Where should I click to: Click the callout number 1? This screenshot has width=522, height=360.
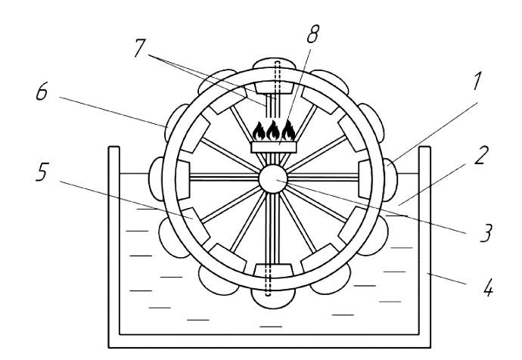click(477, 81)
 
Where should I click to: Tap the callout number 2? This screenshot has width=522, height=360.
click(481, 155)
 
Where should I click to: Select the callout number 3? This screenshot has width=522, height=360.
click(486, 233)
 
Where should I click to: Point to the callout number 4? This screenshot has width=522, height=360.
click(488, 287)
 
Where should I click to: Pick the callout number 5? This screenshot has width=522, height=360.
click(42, 172)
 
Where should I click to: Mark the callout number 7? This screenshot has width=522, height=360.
click(140, 48)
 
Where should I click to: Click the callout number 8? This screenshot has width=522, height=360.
click(312, 34)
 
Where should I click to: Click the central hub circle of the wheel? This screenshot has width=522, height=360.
click(273, 178)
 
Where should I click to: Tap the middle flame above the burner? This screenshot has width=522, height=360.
click(273, 130)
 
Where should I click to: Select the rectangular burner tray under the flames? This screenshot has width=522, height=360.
click(273, 147)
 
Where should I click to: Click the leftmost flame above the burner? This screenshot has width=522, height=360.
click(259, 131)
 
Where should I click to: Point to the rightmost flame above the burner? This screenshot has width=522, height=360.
click(288, 130)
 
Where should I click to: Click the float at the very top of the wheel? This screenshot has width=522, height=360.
click(274, 64)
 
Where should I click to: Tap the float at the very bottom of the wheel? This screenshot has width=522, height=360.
click(273, 298)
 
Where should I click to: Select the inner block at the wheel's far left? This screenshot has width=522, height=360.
click(183, 180)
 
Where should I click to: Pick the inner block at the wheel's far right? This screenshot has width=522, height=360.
click(364, 179)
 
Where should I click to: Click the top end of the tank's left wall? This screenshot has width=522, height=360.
click(114, 147)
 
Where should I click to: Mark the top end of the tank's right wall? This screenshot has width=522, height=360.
click(425, 147)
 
